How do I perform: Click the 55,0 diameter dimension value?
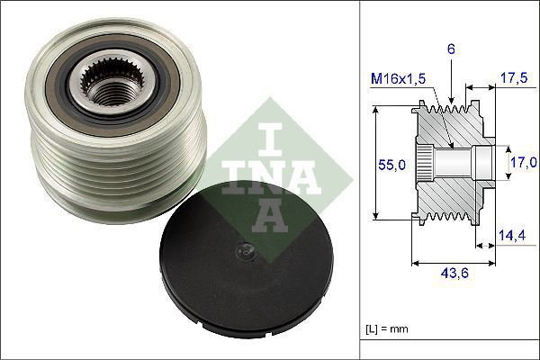pos(389,165)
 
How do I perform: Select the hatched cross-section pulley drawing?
pos(450,164)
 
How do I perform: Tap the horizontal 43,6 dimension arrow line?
pos(453,264)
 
